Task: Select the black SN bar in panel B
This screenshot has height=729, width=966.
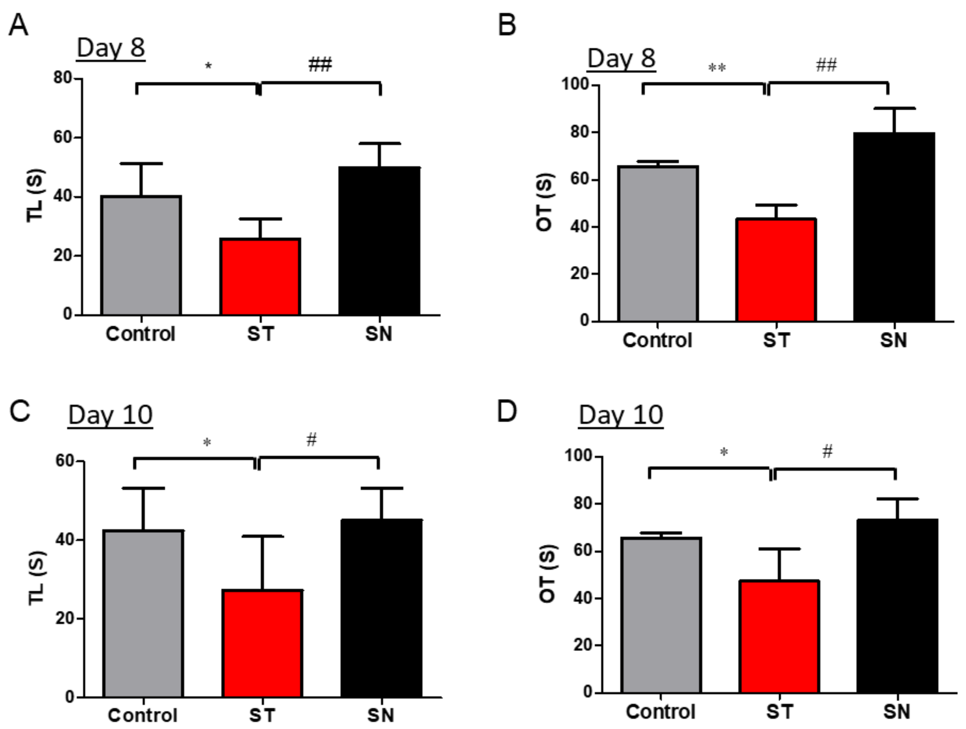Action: pos(894,227)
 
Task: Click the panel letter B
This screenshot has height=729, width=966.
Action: pos(506,25)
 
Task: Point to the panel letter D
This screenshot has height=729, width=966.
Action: pos(506,411)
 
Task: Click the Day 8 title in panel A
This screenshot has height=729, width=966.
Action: pos(111,48)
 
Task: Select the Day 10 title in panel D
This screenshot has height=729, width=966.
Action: pos(621,415)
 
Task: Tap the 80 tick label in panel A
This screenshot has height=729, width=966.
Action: pos(62,78)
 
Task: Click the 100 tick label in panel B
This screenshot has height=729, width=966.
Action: pos(574,84)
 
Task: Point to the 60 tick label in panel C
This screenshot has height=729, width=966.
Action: pos(64,461)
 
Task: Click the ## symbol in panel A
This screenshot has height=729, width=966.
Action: pos(320,65)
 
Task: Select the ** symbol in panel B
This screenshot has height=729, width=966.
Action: pos(717,68)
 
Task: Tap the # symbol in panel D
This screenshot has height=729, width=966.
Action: pos(827,451)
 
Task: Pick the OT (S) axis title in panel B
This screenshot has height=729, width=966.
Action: pos(545,202)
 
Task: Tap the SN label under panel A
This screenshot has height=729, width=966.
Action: pos(379,334)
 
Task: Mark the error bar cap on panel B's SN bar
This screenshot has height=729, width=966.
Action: pos(894,108)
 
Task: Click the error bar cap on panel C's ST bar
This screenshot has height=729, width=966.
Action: pos(263,536)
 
